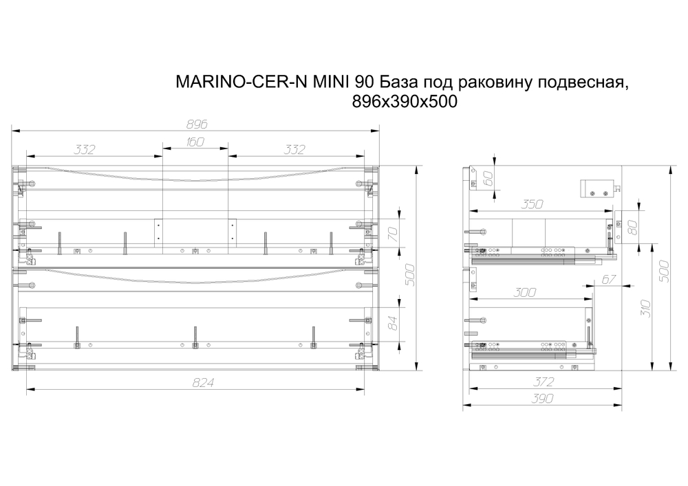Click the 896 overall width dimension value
coord(197,124)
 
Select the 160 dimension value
coord(195,143)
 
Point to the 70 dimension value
coord(394,234)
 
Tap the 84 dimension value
coord(394,322)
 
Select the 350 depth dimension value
coord(532,204)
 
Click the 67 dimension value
coord(608,279)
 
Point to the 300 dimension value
coord(525,292)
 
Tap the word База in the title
coord(398,82)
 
